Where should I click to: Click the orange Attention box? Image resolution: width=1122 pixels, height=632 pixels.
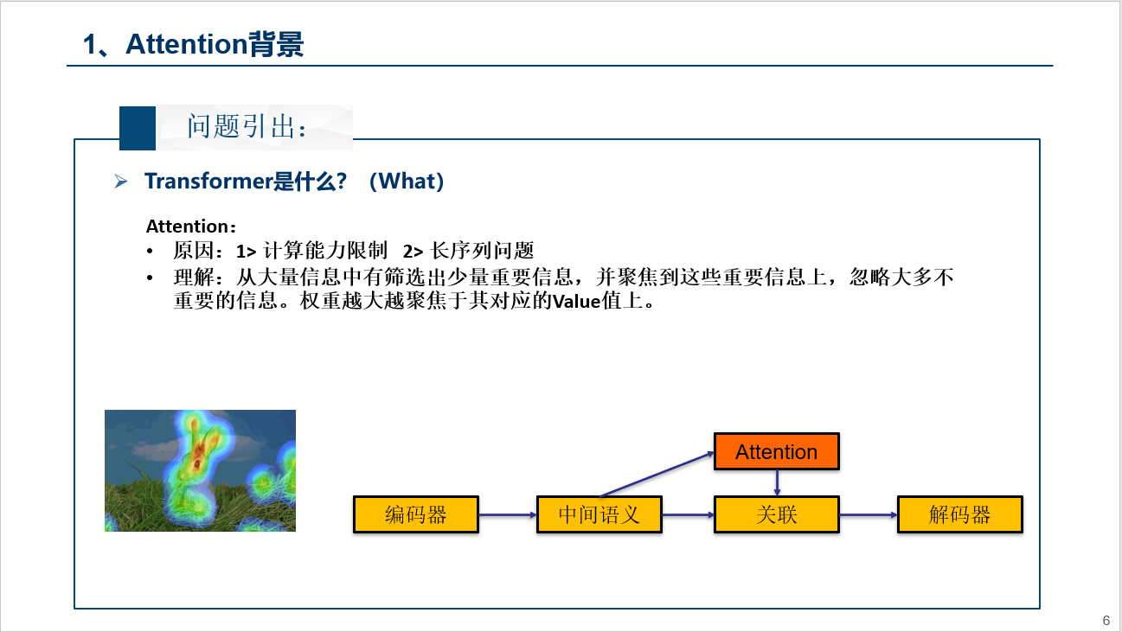coord(776,451)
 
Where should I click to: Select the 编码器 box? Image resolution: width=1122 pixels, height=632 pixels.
coord(415,514)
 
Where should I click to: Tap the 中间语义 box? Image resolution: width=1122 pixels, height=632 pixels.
coord(599,514)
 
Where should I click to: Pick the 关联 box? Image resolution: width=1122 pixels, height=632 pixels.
coord(776,514)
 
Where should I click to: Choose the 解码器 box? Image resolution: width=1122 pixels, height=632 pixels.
coord(959,514)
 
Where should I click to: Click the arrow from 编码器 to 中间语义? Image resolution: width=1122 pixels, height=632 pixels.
coord(508,514)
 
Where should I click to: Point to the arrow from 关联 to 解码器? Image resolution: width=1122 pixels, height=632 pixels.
coord(869,514)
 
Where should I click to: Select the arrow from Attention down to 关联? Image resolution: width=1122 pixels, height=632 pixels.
coord(777,482)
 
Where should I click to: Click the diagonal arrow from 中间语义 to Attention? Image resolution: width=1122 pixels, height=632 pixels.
coord(657,473)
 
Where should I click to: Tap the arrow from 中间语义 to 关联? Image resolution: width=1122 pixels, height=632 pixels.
coord(688,514)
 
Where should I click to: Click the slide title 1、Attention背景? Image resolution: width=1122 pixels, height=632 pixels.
coord(194,44)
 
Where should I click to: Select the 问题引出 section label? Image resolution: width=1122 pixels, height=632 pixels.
coord(247,128)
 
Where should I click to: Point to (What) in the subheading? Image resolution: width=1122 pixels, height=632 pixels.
coord(406,182)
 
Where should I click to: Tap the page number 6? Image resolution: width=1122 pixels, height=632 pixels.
coord(1106,620)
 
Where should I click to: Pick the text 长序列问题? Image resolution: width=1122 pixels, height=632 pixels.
coord(482,252)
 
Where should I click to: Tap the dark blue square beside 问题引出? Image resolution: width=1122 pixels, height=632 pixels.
coord(138,128)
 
